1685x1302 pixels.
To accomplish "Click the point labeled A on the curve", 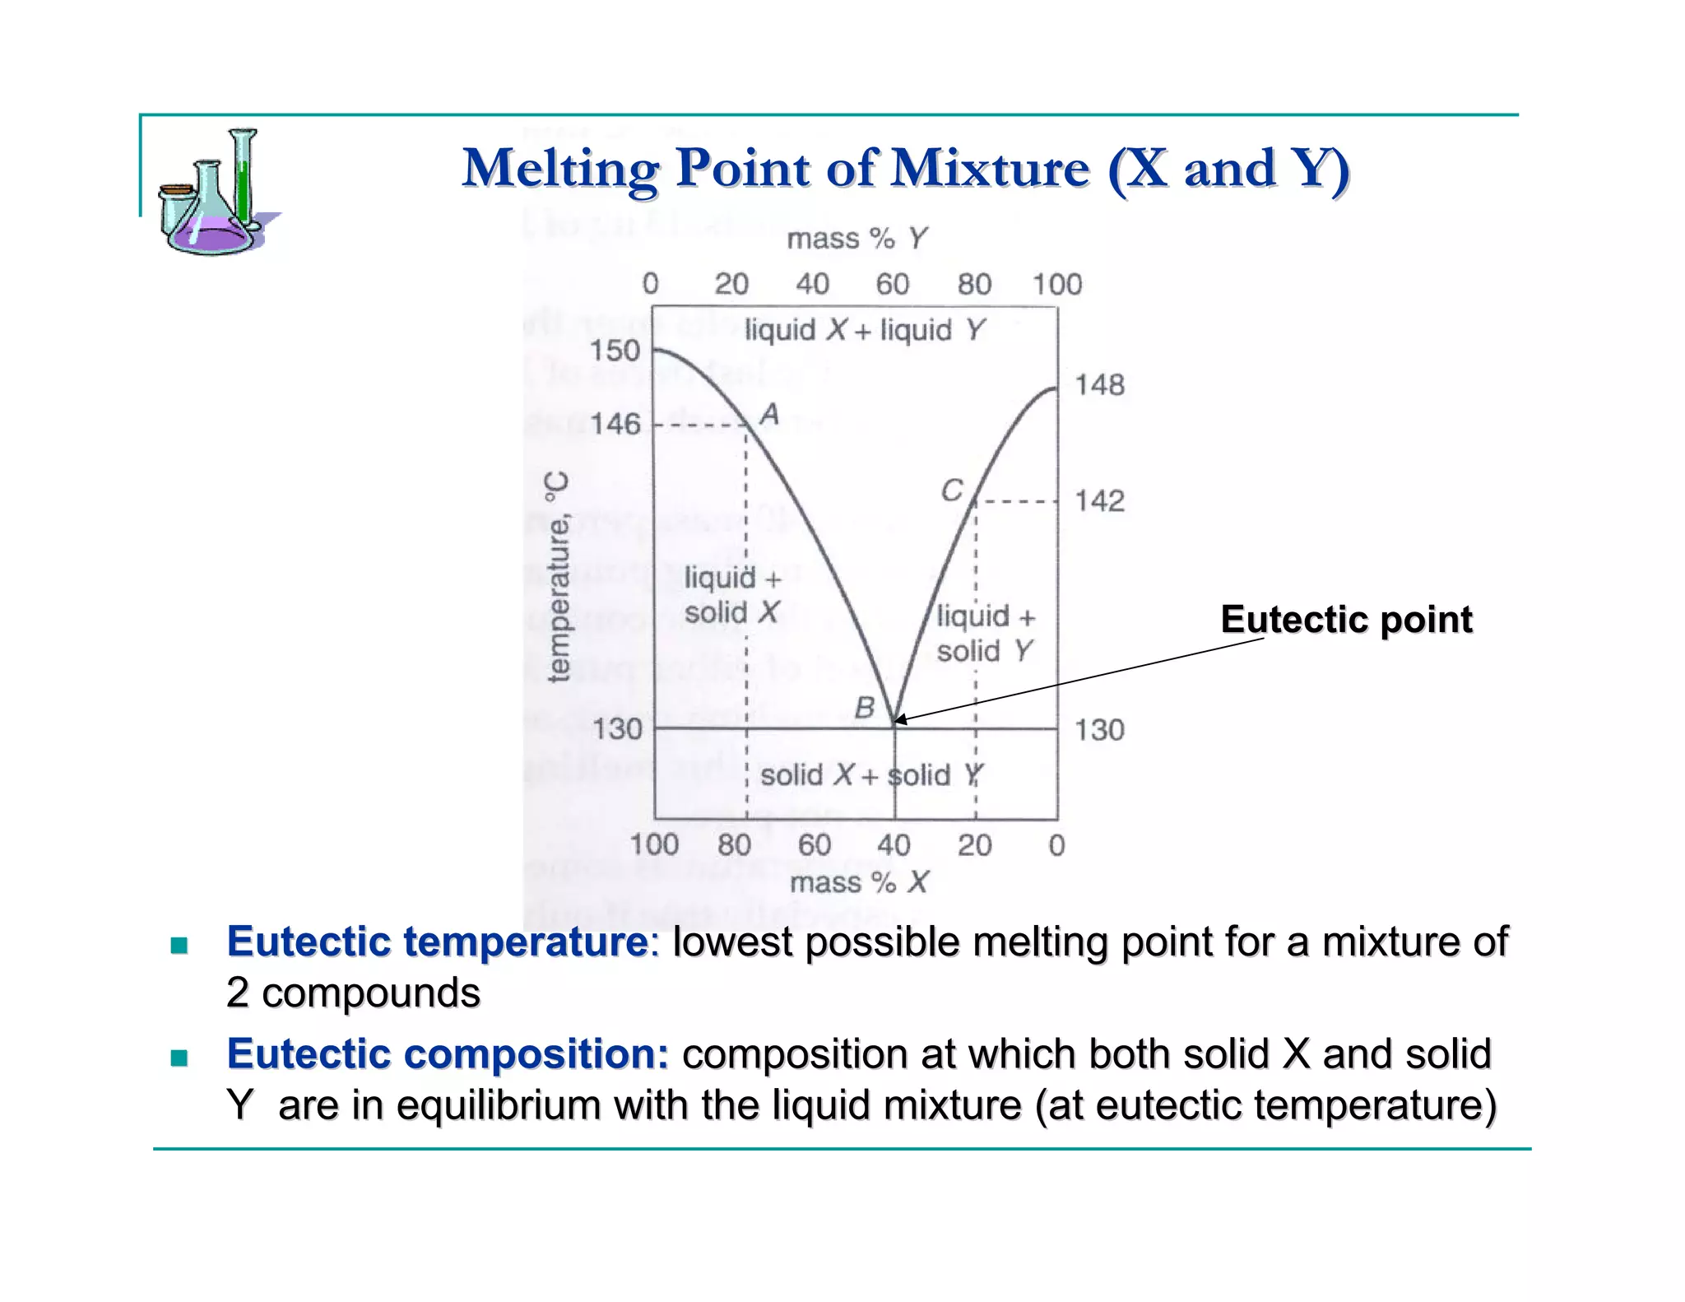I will [768, 413].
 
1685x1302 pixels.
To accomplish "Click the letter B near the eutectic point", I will [864, 707].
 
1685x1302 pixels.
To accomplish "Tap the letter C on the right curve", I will [952, 491].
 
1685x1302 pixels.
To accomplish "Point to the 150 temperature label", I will [615, 351].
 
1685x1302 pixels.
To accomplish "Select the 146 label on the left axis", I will [615, 424].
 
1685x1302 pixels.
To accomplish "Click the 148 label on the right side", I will [1099, 384].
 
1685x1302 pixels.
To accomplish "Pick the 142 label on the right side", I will [1099, 500].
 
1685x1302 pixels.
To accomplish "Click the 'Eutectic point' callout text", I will [1346, 619].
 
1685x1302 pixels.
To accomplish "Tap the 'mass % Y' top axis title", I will [856, 239].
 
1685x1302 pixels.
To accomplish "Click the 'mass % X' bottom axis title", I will [858, 882].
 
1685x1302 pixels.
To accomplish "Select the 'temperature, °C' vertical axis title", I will [558, 577].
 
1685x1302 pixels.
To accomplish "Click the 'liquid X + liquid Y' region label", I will [864, 330].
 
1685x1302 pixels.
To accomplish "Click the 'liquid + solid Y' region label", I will [985, 633].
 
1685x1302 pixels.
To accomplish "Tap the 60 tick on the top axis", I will [892, 284].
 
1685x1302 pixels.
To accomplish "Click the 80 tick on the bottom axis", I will [734, 844].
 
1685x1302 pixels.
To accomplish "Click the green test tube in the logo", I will [242, 181].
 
